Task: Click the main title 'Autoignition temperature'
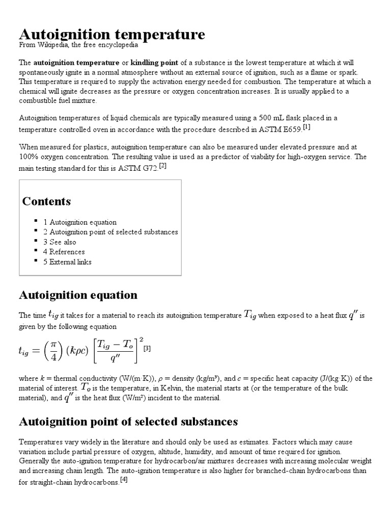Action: coord(112,34)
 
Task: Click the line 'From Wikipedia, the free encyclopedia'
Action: coord(78,45)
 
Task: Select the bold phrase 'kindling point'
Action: coord(155,63)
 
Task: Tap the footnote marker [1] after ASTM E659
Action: coord(306,126)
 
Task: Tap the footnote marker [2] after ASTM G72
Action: coord(162,166)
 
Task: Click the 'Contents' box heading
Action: coord(46,201)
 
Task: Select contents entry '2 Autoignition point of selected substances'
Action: coord(110,232)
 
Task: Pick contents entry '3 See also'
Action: coord(60,242)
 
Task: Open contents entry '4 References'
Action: coord(64,252)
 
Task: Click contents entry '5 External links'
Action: coord(67,262)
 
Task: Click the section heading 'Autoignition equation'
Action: coord(78,295)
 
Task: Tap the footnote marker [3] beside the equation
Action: coord(148,349)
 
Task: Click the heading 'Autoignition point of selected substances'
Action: coord(128,422)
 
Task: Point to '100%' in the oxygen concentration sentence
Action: coord(29,157)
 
